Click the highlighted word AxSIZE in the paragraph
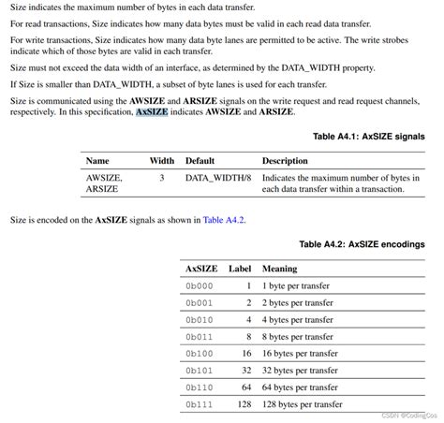coord(153,111)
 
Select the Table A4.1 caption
coord(368,137)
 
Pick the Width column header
coord(162,161)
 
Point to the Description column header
coord(285,161)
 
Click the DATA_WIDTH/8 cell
coord(217,177)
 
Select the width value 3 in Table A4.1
coord(162,177)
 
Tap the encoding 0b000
coord(199,285)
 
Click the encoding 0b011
coord(199,336)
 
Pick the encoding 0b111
coord(199,403)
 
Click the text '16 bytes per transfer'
coord(297,353)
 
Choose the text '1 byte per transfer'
coord(293,285)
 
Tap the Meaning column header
coord(279,269)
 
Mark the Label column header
coord(240,269)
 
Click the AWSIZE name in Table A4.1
coord(103,177)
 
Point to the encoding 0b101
coord(199,370)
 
